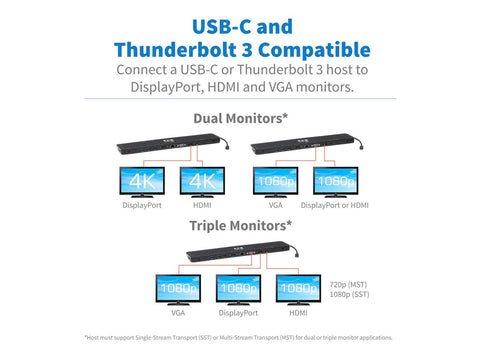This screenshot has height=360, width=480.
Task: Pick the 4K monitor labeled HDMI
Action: tap(204, 181)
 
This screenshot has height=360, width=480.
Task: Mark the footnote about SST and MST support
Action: tap(239, 337)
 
